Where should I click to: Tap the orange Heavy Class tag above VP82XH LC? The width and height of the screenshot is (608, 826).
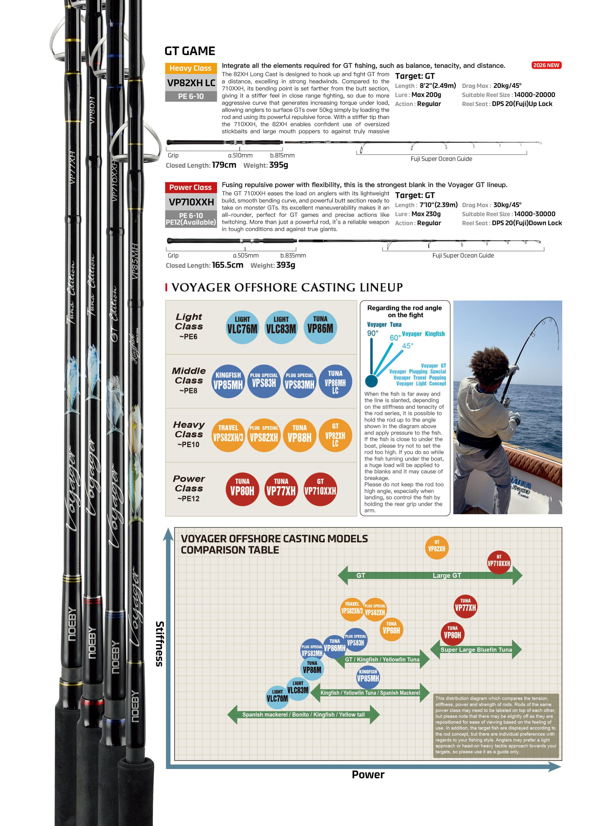(x=190, y=68)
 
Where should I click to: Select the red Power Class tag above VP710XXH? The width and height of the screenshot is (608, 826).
(x=190, y=187)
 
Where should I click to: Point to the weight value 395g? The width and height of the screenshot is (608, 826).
(x=279, y=165)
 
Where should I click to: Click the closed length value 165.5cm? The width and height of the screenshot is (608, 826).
(x=227, y=265)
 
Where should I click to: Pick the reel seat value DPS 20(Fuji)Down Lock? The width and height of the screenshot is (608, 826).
(x=527, y=223)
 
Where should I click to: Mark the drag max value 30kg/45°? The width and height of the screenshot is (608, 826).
(x=507, y=205)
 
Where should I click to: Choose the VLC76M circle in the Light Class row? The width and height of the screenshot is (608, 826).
(x=242, y=327)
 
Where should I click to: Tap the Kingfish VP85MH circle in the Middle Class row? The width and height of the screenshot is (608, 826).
(x=228, y=381)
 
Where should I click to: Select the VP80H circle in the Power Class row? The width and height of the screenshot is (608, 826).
(x=242, y=490)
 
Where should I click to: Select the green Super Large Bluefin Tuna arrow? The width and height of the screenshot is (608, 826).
(x=476, y=650)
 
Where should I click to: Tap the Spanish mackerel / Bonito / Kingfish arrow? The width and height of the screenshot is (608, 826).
(x=303, y=714)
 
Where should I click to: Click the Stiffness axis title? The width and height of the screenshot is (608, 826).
(x=159, y=644)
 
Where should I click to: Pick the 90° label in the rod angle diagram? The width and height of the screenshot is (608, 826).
(x=373, y=333)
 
